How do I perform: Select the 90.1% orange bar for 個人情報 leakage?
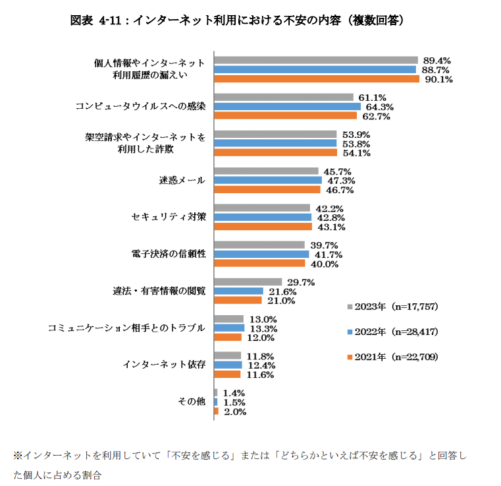click(317, 79)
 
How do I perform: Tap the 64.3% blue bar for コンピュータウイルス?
click(287, 107)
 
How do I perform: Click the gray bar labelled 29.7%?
click(248, 282)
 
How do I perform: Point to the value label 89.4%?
click(437, 60)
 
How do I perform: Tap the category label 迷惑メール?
click(182, 180)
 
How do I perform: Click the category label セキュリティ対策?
click(169, 217)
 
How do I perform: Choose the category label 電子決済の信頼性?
click(169, 254)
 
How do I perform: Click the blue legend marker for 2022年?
click(349, 332)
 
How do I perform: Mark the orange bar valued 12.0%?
click(227, 338)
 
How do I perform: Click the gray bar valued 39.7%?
click(260, 245)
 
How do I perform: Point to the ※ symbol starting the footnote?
click(18, 455)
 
